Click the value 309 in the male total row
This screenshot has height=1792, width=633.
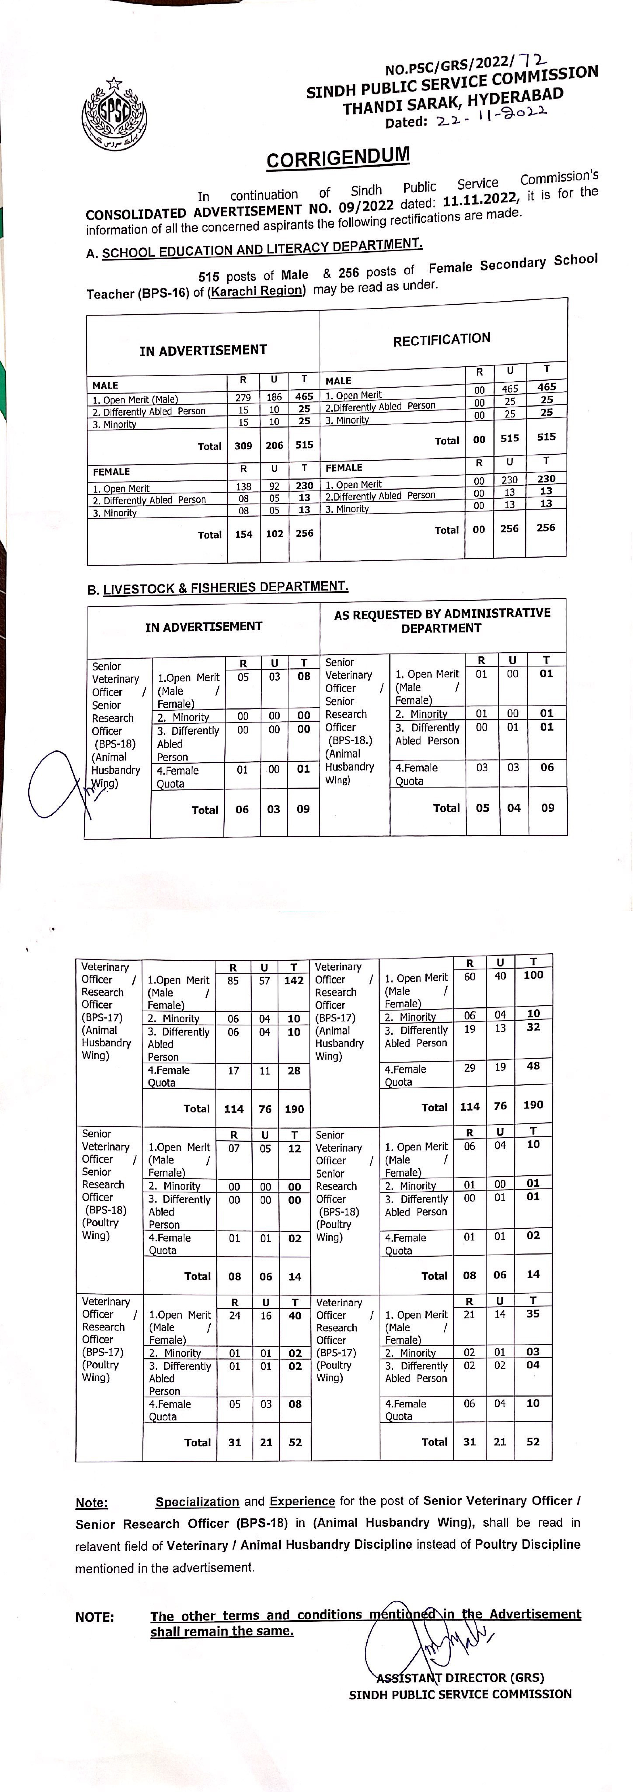[243, 445]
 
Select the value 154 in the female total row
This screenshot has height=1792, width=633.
[243, 533]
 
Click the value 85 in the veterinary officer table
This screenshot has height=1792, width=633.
[233, 981]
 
